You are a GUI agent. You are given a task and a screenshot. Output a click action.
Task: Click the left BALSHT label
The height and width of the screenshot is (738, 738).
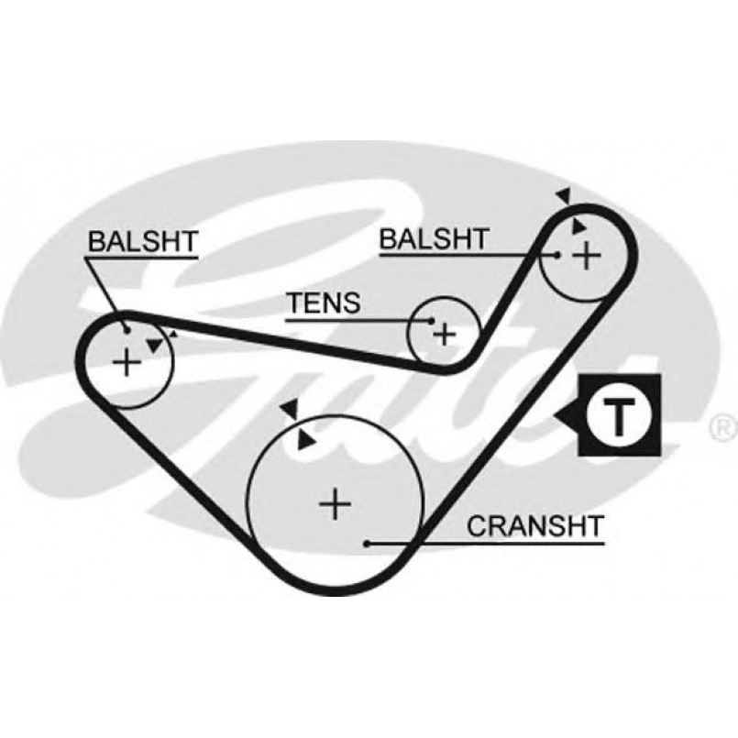[143, 241]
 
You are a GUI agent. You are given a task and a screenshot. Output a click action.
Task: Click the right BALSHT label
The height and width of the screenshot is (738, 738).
[434, 238]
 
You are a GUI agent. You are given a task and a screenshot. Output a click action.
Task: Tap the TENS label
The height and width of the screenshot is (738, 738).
[325, 303]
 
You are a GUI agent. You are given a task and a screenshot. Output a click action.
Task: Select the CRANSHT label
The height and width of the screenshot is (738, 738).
[535, 526]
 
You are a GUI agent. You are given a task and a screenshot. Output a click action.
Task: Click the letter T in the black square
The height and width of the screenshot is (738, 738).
[619, 416]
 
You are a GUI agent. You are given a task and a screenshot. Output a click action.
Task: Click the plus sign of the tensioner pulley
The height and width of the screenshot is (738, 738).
[445, 335]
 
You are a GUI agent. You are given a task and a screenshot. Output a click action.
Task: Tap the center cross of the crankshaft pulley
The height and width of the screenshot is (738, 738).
[336, 504]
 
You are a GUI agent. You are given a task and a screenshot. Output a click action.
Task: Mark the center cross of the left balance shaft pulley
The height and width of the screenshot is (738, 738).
[127, 362]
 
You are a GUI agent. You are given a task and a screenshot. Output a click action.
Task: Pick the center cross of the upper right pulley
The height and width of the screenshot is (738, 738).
[587, 256]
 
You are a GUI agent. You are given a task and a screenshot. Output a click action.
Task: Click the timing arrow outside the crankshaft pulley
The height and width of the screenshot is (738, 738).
[289, 409]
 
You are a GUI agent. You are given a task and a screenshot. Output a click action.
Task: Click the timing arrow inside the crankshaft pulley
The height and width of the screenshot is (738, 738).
[305, 440]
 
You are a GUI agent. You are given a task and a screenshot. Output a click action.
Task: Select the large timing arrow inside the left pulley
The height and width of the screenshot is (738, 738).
[155, 346]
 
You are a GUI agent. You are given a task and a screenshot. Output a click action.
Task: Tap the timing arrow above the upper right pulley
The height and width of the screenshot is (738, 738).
[564, 195]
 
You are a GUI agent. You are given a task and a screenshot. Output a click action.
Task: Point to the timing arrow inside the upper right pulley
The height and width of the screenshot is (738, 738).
[578, 226]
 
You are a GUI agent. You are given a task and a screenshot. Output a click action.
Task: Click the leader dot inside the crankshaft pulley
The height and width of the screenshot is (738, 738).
[367, 544]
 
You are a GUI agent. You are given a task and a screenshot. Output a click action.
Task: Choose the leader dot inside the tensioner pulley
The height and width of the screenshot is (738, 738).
[432, 321]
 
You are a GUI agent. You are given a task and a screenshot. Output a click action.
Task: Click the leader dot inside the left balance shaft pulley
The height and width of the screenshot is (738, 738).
[127, 331]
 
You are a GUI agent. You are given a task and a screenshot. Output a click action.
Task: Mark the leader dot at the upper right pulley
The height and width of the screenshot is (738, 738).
[557, 256]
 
